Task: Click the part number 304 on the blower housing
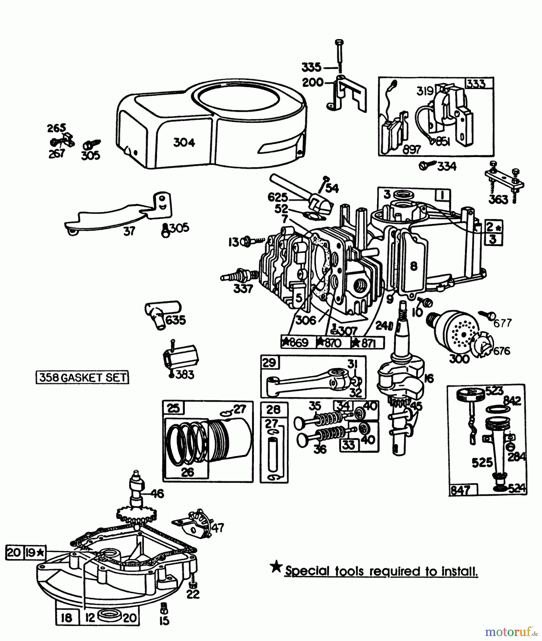coord(184,142)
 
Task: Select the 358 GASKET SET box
coord(83,377)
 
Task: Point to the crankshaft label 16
coord(429,378)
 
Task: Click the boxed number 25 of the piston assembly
coord(173,408)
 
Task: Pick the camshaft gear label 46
coord(157,494)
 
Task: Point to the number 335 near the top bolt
coord(311,67)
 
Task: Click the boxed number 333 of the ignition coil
coord(476,84)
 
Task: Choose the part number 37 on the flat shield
coord(129,231)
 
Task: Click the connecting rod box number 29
coord(269,363)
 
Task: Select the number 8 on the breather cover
coord(413,266)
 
